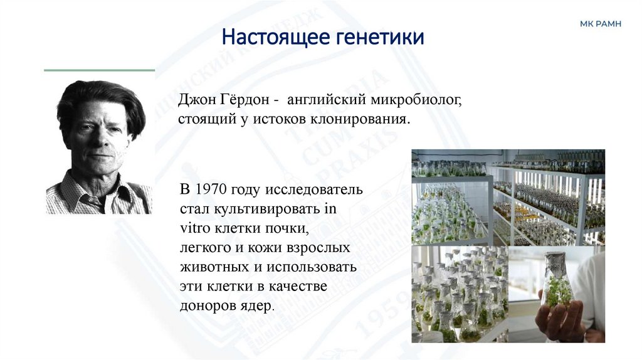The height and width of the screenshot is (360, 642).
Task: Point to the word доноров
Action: pos(206,306)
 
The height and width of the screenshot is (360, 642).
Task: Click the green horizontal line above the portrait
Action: pos(99,70)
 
